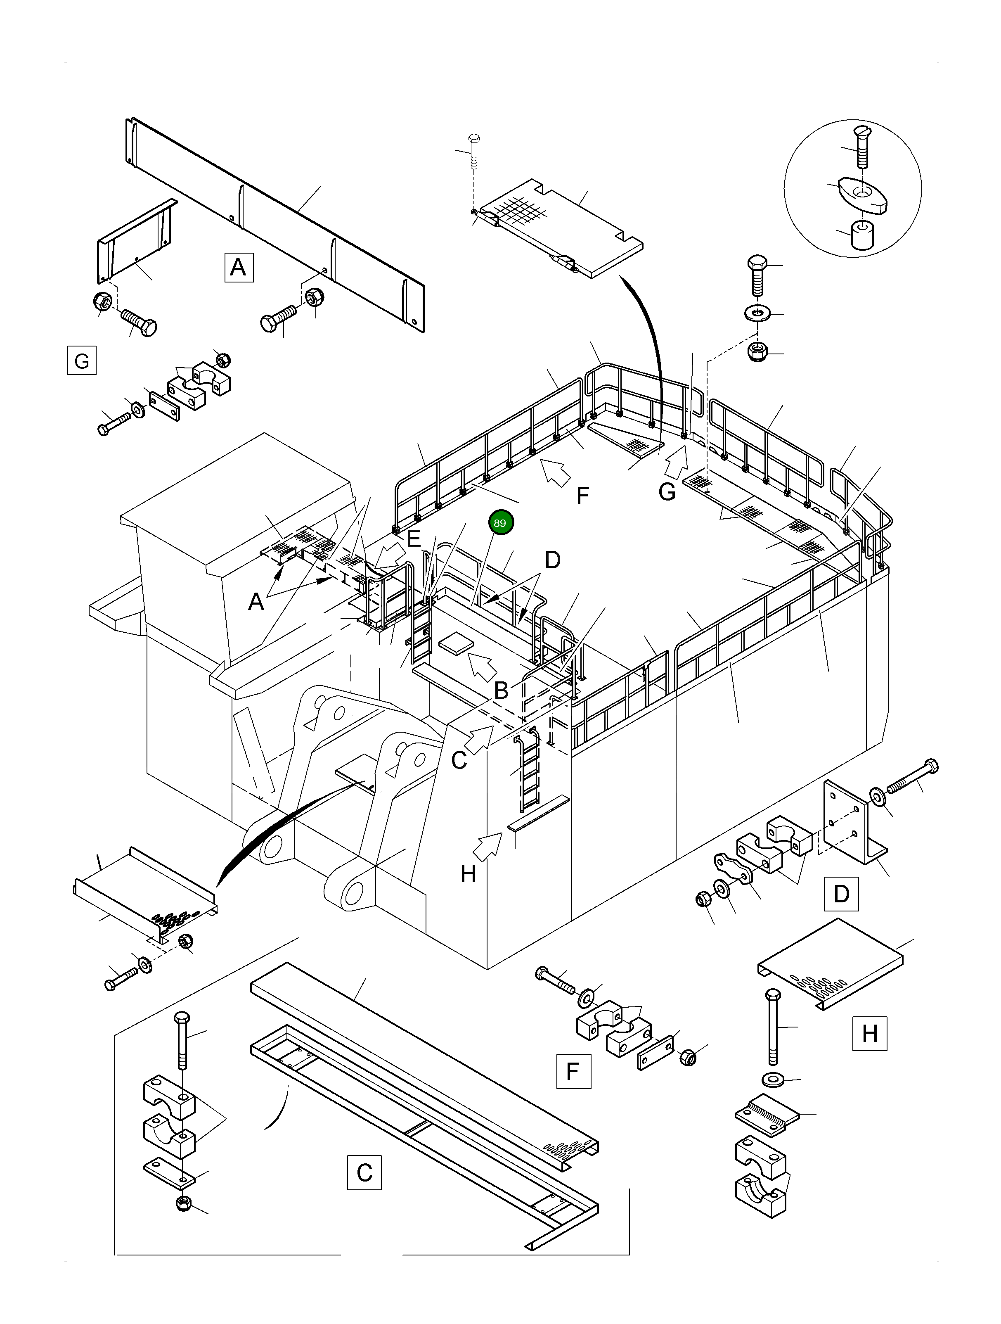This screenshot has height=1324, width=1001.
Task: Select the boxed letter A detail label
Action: (238, 267)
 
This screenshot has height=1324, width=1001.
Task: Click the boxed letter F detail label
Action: (573, 1071)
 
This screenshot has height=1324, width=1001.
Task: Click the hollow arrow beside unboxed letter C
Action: (479, 740)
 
